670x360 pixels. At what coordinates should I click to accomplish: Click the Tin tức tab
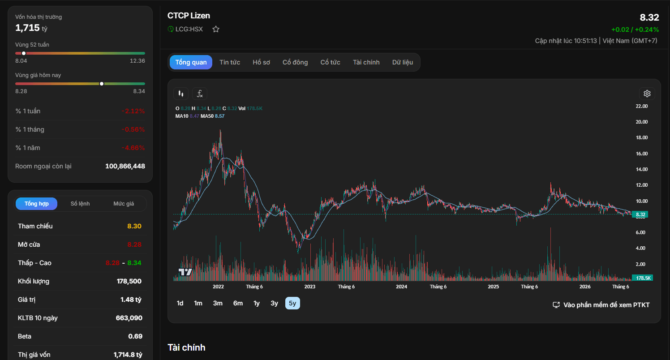click(230, 62)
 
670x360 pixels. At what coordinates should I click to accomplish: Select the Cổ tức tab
click(330, 62)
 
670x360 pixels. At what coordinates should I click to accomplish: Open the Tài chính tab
click(366, 62)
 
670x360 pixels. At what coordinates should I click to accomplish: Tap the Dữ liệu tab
click(403, 62)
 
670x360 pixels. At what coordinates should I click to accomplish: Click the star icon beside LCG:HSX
click(216, 29)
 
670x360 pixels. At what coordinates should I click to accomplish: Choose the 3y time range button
click(274, 303)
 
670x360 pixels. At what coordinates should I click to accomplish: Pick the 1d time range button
click(180, 303)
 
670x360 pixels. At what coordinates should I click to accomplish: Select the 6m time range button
click(238, 303)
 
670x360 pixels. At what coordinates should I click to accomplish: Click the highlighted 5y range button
click(292, 303)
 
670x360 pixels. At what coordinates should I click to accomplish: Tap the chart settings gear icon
click(647, 94)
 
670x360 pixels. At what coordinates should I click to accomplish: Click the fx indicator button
click(199, 94)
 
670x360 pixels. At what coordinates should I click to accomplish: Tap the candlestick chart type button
click(180, 94)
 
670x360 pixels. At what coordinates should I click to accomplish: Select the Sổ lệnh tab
click(80, 204)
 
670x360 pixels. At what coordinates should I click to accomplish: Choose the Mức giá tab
click(124, 204)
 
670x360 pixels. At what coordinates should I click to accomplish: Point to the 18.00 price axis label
click(642, 137)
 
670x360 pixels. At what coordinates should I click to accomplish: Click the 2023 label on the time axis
click(309, 287)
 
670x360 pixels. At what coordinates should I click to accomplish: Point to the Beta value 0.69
click(135, 336)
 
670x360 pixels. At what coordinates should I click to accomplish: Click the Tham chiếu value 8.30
click(134, 226)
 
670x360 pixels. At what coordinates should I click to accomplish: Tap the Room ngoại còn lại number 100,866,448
click(125, 166)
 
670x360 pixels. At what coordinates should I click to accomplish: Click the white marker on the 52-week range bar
click(24, 53)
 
